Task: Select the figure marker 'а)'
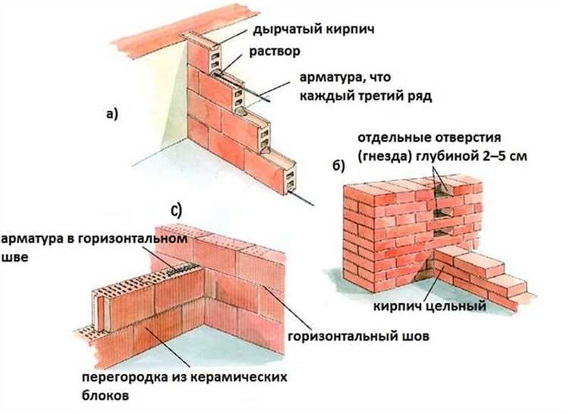pyautogui.click(x=112, y=114)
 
